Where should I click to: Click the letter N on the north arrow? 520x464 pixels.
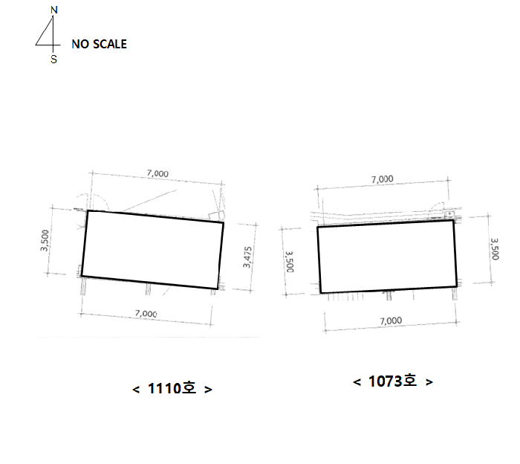point(54,10)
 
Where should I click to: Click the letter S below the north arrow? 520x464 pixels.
point(53,59)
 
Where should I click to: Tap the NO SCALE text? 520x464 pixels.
point(99,44)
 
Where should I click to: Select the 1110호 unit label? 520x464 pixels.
point(172,388)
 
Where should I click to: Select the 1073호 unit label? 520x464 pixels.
point(393,381)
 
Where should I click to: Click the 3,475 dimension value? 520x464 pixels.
point(247,257)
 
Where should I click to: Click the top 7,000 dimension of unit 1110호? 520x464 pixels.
point(157,173)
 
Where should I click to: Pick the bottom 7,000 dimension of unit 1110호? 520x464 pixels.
point(146,313)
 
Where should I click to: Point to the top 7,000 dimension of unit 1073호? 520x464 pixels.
point(382,179)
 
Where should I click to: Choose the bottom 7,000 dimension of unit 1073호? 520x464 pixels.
point(391,321)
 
